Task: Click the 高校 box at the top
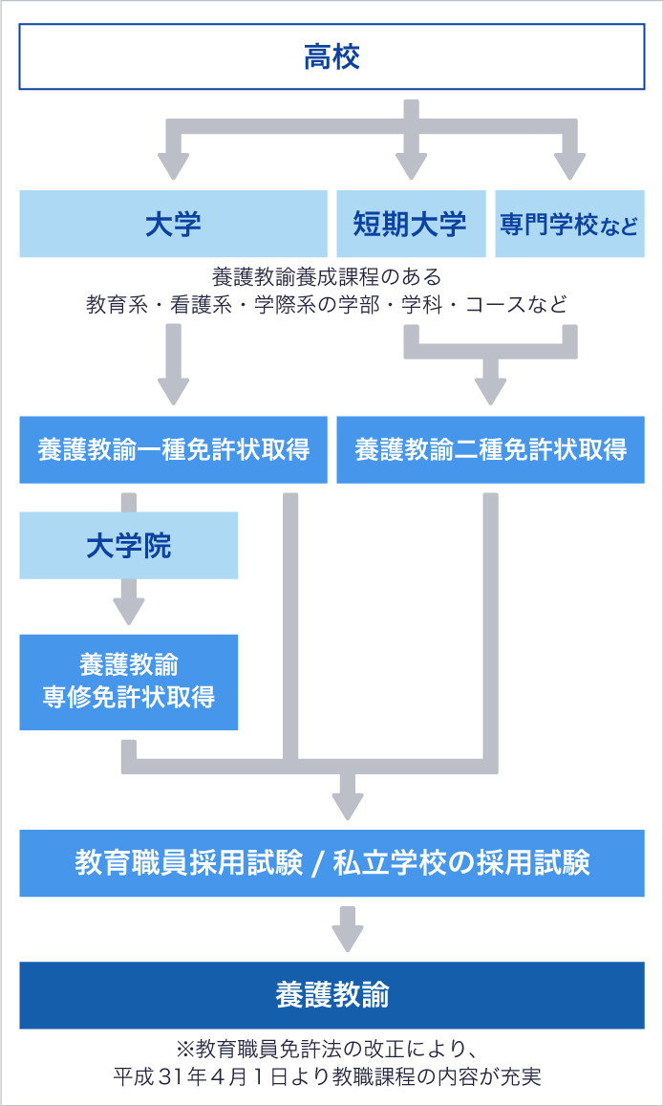pos(331,56)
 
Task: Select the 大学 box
pos(173,224)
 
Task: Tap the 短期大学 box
pos(411,224)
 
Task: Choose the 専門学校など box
pos(570,224)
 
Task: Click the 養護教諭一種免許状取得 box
pos(173,450)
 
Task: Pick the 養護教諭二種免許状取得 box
pos(490,450)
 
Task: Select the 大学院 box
pos(128,545)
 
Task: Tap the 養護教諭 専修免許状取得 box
pos(128,683)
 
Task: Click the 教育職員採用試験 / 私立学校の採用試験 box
pos(331,863)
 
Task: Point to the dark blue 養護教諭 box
pos(331,995)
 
